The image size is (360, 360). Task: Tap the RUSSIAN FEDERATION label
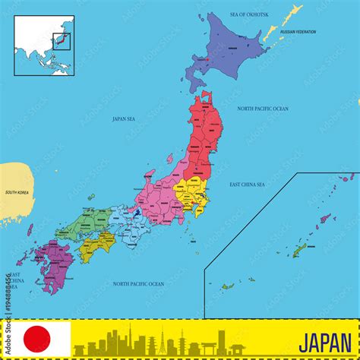click(x=298, y=32)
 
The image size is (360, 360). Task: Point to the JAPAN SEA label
click(x=124, y=118)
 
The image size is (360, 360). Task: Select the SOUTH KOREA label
click(x=17, y=192)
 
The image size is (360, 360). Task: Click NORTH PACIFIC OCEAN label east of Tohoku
click(x=263, y=109)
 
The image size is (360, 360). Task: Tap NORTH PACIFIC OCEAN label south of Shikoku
click(x=138, y=283)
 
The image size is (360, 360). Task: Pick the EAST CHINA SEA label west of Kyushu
click(x=16, y=282)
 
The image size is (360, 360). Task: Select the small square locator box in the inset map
click(x=61, y=39)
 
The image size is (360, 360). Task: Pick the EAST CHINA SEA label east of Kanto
click(x=247, y=185)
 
